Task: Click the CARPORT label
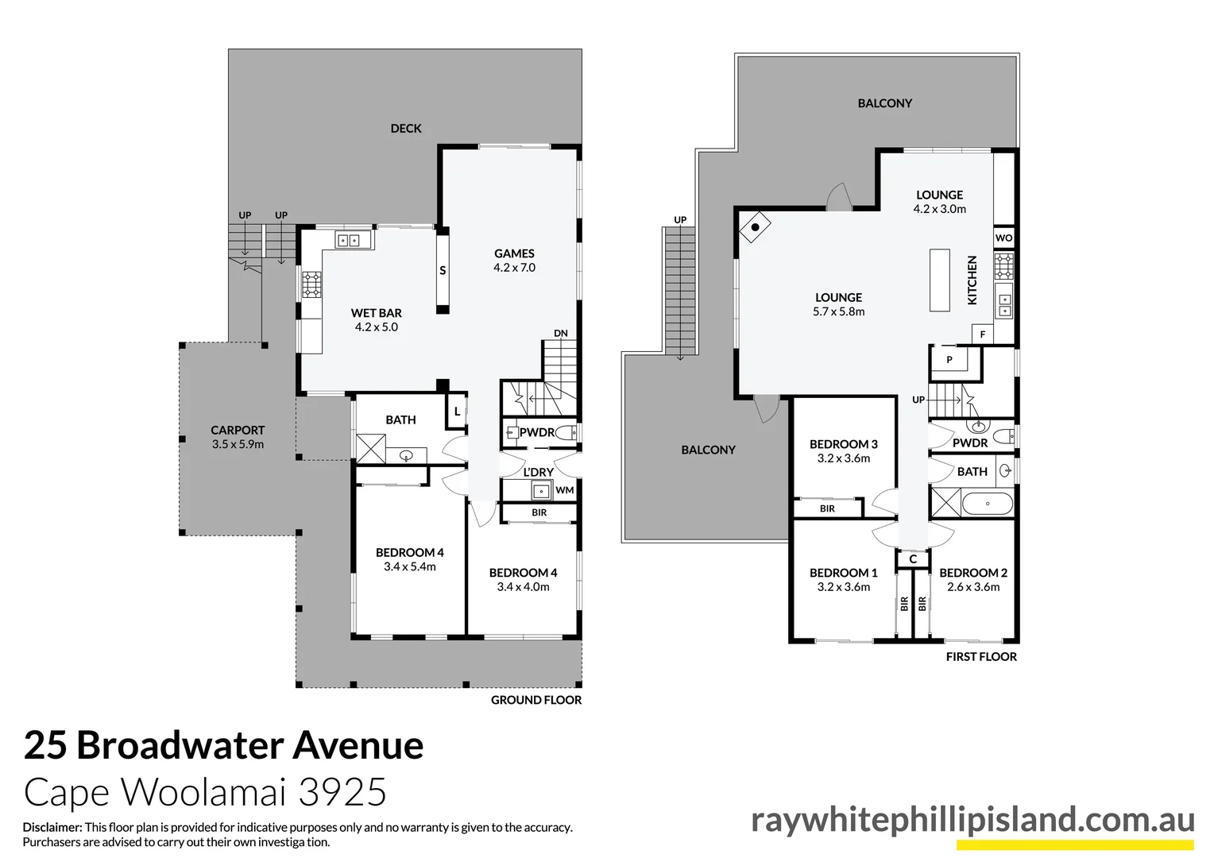pos(238,431)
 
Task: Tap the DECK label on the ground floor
pos(406,128)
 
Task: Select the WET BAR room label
pos(377,313)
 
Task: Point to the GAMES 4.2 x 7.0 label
pos(514,261)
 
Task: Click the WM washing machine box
pos(565,490)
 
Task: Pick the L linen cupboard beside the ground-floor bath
pos(457,412)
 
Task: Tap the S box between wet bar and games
pos(443,270)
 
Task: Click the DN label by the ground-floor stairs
pos(561,333)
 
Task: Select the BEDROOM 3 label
pos(844,444)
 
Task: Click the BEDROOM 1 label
pos(844,573)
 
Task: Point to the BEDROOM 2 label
pos(973,573)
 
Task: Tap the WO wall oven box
pos(1004,238)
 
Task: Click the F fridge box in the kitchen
pos(983,334)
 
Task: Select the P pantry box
pos(949,360)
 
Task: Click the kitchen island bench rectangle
pos(940,280)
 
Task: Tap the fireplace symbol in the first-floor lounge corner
pos(756,227)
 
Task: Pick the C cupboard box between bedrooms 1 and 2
pos(913,559)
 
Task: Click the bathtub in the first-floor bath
pos(988,504)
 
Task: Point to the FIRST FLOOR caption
pos(981,657)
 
